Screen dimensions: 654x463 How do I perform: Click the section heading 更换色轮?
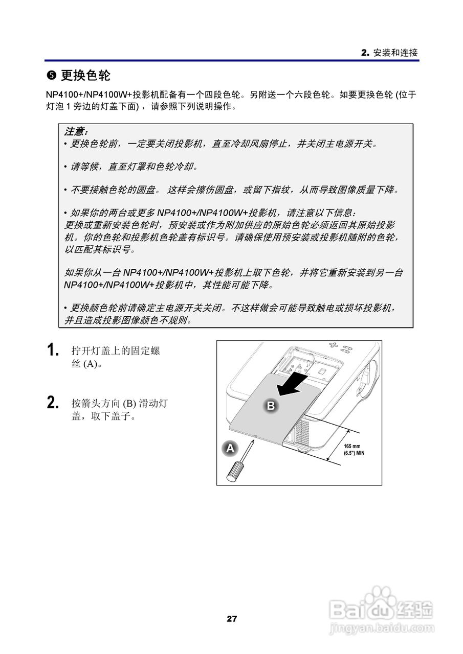[x=85, y=76]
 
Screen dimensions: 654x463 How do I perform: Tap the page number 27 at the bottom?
[x=232, y=619]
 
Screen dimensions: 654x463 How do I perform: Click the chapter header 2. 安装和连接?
[x=389, y=53]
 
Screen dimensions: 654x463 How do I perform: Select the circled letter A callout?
[x=230, y=448]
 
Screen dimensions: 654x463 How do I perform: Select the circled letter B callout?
[x=271, y=406]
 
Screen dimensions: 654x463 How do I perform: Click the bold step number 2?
[x=52, y=403]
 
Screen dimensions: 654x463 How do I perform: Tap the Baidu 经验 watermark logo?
[x=382, y=608]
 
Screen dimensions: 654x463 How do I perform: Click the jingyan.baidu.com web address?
[x=381, y=627]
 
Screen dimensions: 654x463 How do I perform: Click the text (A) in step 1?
[x=90, y=364]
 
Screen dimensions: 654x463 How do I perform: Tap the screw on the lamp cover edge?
[x=255, y=436]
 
